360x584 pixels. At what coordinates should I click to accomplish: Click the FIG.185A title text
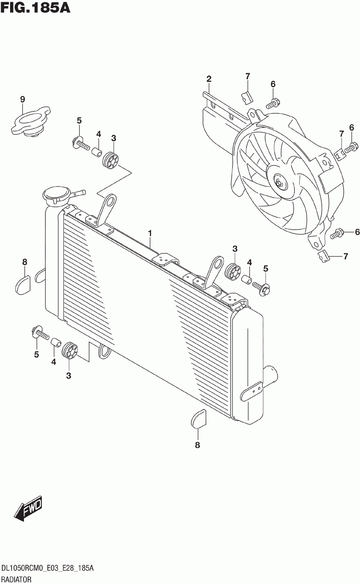(35, 8)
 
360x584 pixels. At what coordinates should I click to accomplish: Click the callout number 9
(22, 99)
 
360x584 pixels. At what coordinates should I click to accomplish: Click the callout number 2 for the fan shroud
(209, 79)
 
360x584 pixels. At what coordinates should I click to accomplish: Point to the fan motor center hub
(279, 183)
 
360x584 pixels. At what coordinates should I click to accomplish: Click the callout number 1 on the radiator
(150, 233)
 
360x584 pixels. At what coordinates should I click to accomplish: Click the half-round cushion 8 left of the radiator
(23, 283)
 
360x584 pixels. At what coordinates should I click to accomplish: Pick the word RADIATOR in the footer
(16, 579)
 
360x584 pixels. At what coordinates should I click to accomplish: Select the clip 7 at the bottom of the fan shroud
(323, 256)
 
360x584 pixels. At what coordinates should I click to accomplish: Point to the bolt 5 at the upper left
(80, 143)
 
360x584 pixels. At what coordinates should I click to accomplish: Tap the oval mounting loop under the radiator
(104, 350)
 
